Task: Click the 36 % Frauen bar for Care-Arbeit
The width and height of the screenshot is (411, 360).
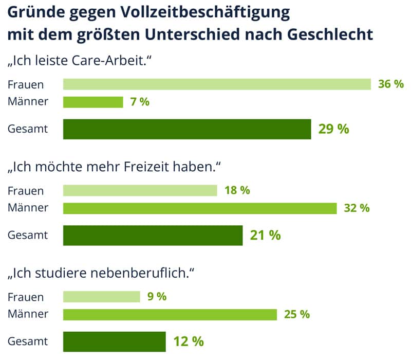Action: coord(217,84)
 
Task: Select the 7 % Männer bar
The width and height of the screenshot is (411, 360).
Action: coord(93,102)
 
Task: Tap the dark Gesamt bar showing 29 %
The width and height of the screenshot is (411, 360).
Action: coord(187,129)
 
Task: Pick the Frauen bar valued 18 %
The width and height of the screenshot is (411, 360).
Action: coord(140,191)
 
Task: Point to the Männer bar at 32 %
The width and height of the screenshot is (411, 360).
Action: coord(199,208)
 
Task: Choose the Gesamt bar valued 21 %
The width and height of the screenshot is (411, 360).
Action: coord(153,236)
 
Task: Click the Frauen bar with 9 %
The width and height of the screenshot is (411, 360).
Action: coord(101,297)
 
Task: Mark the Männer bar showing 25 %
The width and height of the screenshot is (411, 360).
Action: coord(170,314)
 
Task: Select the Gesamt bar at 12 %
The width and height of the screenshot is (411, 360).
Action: coord(114,341)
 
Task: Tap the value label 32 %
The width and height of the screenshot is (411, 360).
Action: coord(357,208)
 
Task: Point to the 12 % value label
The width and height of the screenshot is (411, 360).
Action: coord(188,341)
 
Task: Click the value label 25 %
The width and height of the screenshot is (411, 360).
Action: coord(297,314)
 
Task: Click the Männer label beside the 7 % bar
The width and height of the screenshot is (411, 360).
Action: coord(28,102)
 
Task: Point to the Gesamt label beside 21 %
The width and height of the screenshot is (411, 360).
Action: coord(28,236)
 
